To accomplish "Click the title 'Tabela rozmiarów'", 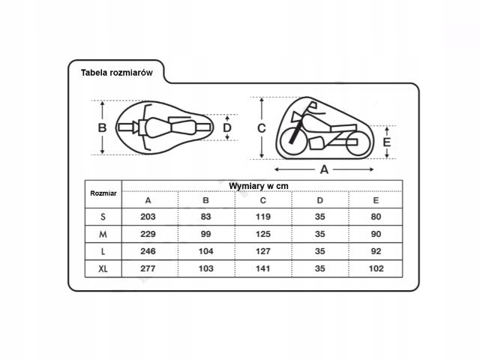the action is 117,73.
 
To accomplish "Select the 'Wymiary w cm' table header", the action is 259,186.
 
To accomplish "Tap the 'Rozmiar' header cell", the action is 103,193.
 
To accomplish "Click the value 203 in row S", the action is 148,217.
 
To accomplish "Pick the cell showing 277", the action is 148,268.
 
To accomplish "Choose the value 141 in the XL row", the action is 263,268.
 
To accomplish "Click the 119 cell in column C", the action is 263,217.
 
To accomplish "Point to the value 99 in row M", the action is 205,234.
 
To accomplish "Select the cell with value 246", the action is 148,251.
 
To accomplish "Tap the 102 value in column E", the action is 376,268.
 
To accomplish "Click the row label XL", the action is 103,268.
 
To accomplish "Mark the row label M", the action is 103,235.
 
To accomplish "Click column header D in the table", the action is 320,200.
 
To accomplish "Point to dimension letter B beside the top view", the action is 102,127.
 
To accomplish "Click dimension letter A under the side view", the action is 324,169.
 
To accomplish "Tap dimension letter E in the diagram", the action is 387,142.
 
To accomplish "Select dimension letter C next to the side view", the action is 262,128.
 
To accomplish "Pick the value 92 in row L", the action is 376,251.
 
